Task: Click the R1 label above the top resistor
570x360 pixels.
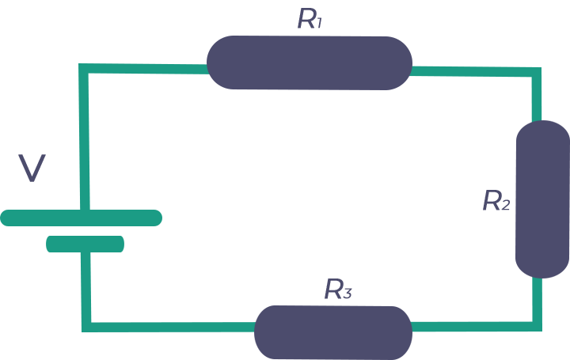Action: coord(309,18)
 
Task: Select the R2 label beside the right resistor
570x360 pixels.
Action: coord(496,201)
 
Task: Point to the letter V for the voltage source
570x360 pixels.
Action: coord(32,168)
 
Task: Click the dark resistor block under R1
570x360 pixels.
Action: coord(309,63)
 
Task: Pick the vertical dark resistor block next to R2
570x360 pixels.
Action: coord(542,199)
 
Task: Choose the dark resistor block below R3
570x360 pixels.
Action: coord(332,332)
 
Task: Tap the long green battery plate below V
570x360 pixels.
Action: coord(40,218)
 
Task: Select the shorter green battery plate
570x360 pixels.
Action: coord(85,244)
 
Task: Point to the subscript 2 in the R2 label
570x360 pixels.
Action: coord(506,206)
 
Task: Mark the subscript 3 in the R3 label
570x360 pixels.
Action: coord(347,294)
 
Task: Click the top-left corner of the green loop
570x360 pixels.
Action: coord(80,65)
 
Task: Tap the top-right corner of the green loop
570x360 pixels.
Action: coord(541,66)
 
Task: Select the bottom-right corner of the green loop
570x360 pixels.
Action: coord(541,330)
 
